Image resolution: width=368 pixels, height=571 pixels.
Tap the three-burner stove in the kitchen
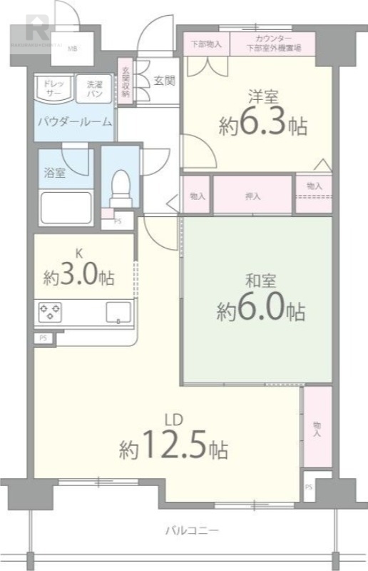49,311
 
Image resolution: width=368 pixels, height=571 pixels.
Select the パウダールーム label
75,121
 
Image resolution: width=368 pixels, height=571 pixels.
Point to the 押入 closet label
253,195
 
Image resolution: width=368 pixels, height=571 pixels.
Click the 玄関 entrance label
163,81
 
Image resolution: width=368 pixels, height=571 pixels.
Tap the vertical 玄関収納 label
125,81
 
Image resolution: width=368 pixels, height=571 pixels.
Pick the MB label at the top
72,49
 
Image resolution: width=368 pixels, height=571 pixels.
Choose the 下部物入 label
207,44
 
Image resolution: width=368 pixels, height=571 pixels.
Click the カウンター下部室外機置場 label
274,44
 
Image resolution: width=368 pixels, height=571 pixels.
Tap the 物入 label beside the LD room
317,428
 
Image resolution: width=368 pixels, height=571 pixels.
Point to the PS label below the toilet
117,221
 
